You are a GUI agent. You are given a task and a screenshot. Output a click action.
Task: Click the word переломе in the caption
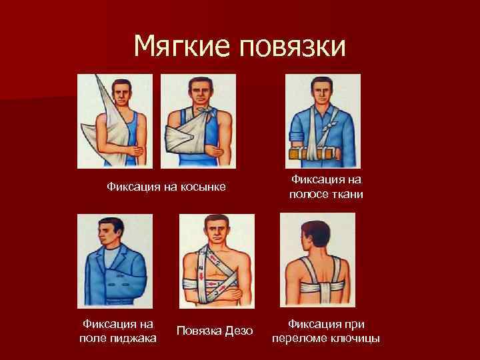pyautogui.click(x=300, y=339)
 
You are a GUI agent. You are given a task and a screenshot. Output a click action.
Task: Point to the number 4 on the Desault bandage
pyautogui.click(x=200, y=270)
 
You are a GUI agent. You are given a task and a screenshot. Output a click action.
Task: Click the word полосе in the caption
pyautogui.click(x=308, y=195)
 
